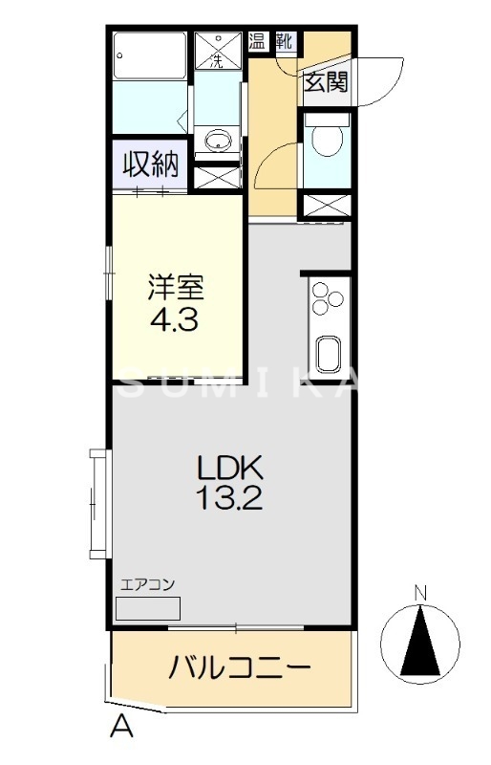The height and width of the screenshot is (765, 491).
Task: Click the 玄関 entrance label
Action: tap(326, 82)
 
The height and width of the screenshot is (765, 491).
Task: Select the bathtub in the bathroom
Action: tap(150, 58)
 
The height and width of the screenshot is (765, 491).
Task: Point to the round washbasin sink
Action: tap(219, 140)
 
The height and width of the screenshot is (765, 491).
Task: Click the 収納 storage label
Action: tap(151, 164)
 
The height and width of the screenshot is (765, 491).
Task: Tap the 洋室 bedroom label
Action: tap(174, 286)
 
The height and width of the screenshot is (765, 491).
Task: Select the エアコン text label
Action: tap(147, 585)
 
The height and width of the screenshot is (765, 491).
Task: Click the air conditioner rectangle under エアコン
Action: tap(147, 608)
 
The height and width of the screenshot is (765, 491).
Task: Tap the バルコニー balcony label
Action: tap(239, 667)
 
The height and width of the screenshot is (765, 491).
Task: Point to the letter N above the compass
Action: tap(419, 594)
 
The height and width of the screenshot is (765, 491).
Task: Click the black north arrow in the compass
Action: tap(419, 642)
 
